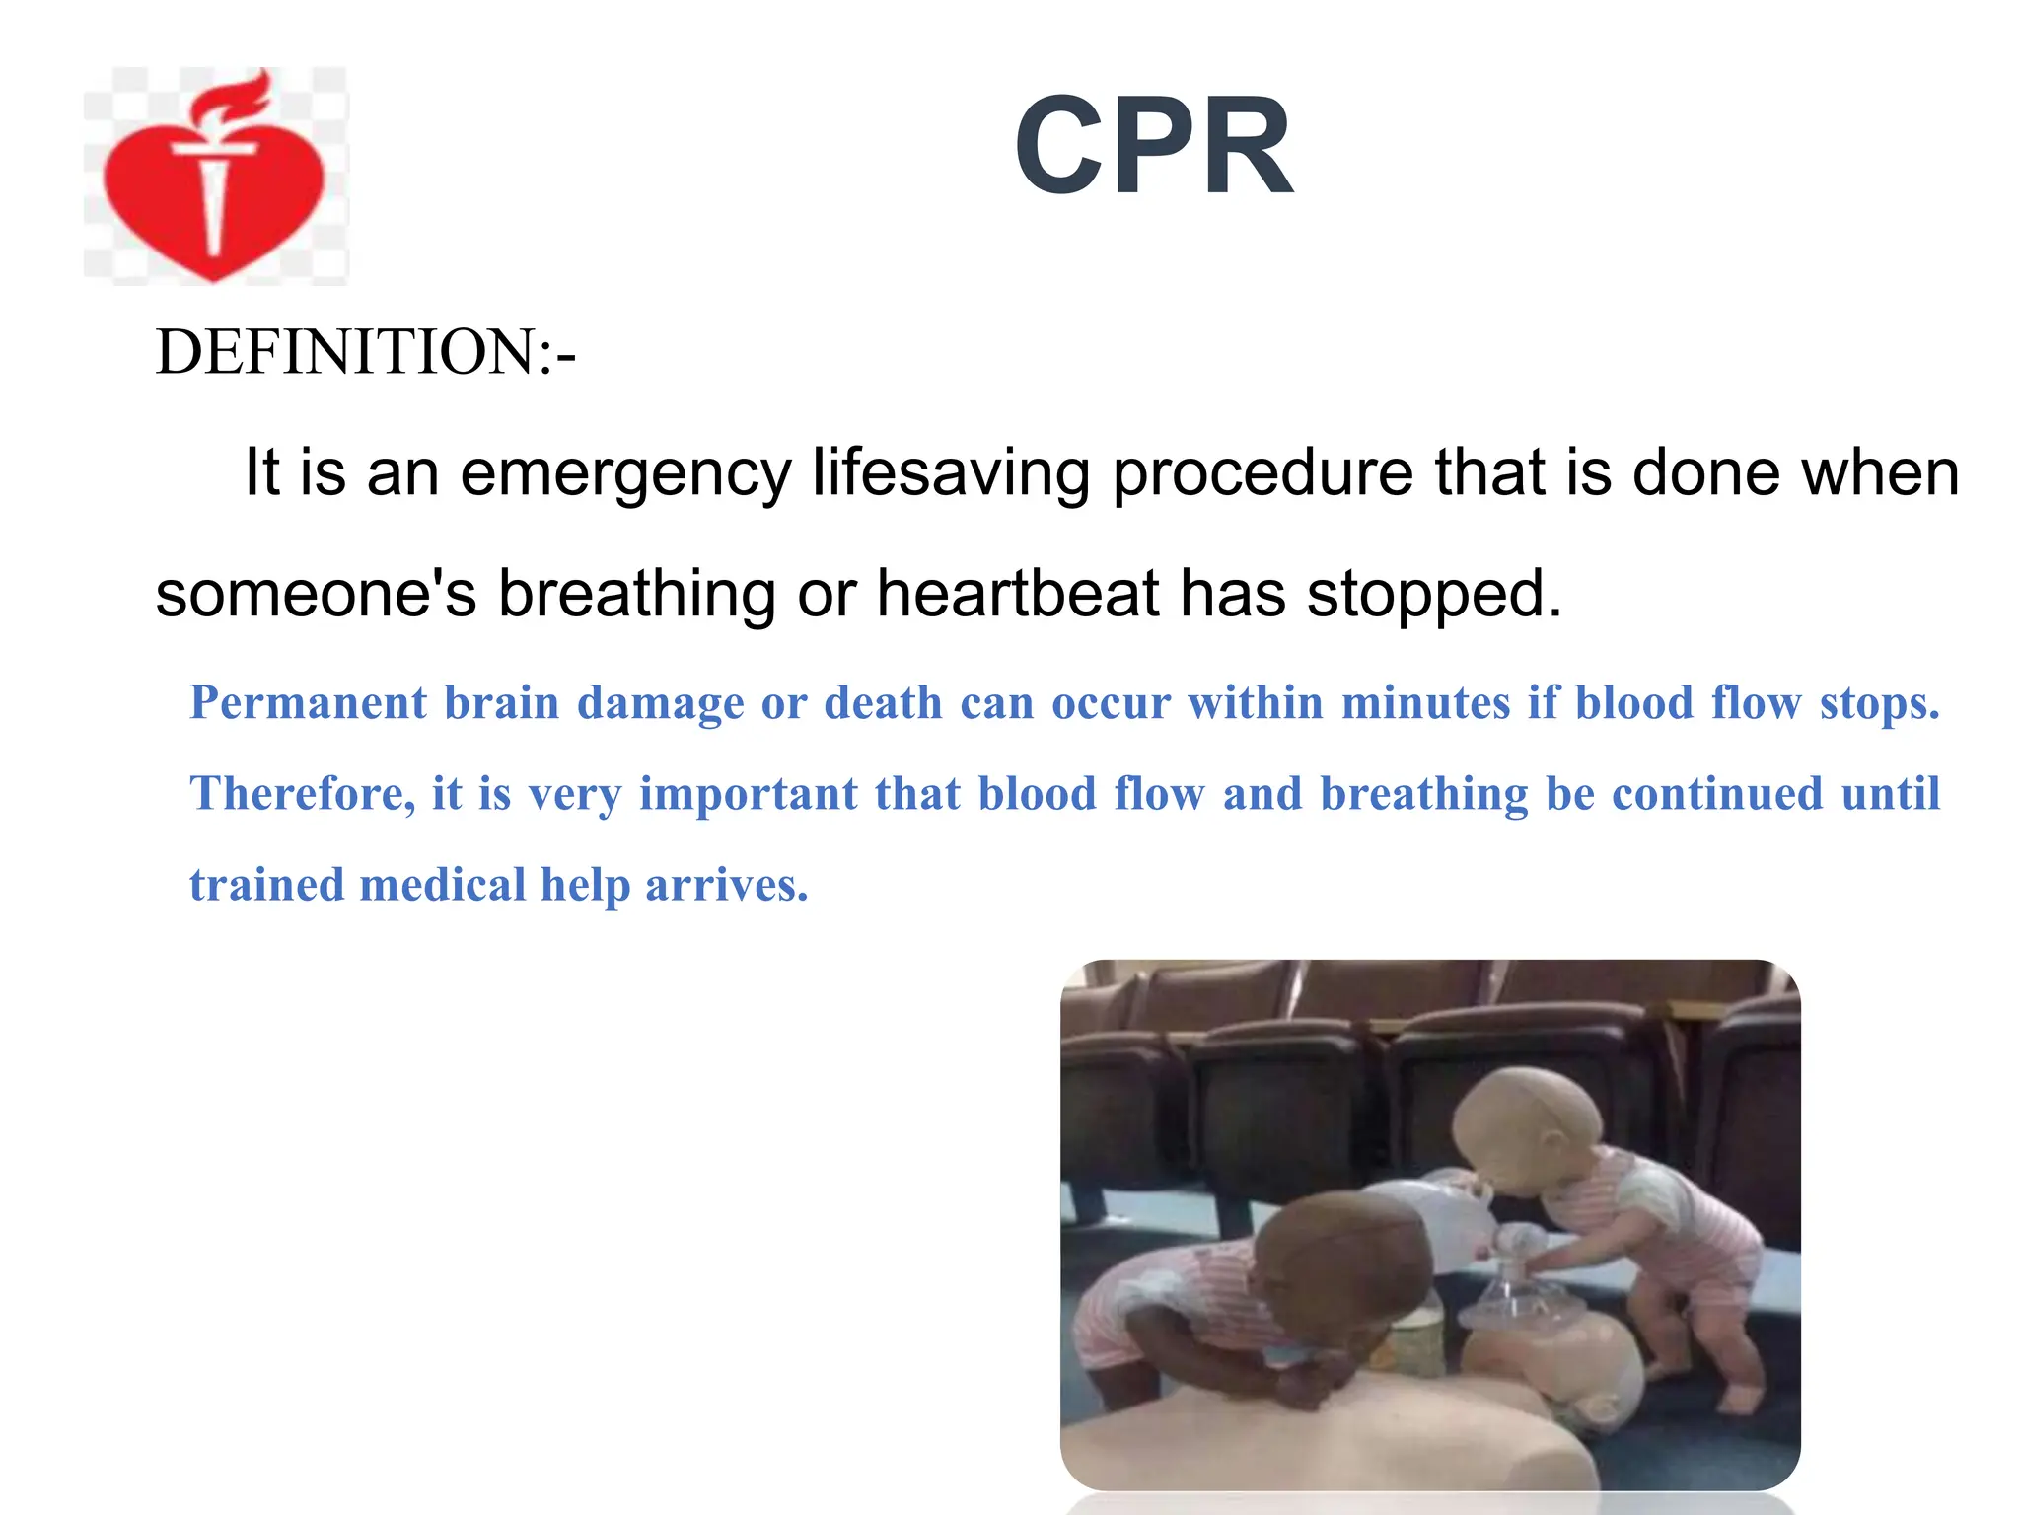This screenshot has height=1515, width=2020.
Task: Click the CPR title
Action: (1153, 148)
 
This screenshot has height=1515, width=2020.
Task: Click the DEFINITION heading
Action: (365, 352)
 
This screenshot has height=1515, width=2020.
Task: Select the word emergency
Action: (625, 474)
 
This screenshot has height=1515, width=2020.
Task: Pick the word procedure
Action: (1262, 474)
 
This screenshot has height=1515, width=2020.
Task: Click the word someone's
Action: (316, 594)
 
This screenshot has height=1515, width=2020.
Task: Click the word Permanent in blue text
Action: (309, 704)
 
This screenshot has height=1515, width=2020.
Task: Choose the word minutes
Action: (1425, 703)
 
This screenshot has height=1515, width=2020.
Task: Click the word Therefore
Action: (301, 794)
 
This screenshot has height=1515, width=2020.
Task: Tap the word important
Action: (749, 795)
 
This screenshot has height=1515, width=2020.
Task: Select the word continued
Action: (1716, 794)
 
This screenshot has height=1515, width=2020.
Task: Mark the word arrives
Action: (726, 885)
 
